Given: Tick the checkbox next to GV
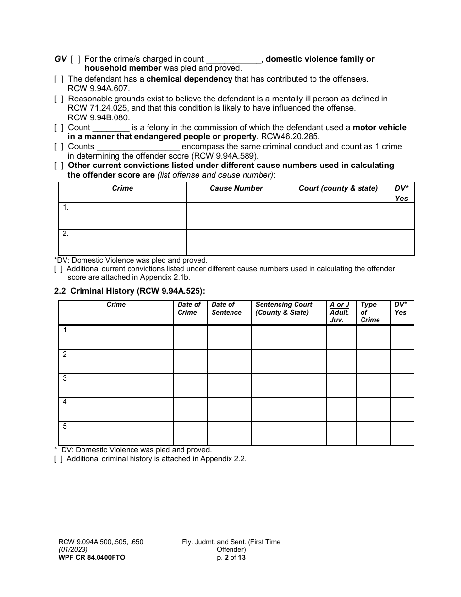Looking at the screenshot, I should (75, 59).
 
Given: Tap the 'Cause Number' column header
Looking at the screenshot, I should (236, 188).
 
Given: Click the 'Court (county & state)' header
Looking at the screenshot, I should (338, 188).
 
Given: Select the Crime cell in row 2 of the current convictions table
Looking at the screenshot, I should (129, 242).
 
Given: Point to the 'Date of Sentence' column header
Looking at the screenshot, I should (226, 309).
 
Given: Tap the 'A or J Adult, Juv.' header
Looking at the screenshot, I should (340, 312).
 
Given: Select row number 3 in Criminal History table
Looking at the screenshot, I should (65, 378).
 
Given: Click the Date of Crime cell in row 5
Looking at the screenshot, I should (190, 433).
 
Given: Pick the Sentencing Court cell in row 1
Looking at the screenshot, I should (288, 337).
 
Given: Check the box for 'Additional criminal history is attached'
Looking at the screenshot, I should (59, 459).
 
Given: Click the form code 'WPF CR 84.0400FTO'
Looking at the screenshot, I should (92, 557).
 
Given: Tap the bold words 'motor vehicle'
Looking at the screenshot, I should (379, 128).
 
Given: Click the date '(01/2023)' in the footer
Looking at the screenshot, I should (73, 549).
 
